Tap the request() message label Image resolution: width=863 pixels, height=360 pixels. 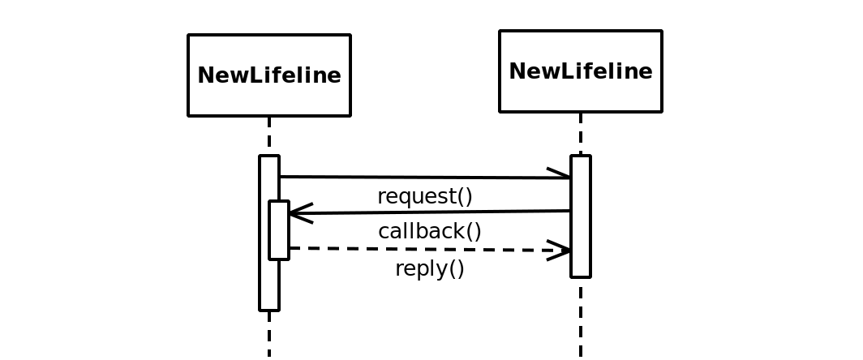[x=424, y=197]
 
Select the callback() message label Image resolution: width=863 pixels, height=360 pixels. [x=430, y=232]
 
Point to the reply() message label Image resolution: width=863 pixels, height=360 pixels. [x=429, y=269]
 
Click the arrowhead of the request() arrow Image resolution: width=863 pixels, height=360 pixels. [x=561, y=175]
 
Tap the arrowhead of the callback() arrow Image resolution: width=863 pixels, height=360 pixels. [x=298, y=213]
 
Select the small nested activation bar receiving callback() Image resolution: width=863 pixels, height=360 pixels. [x=279, y=230]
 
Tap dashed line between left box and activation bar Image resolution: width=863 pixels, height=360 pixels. [x=268, y=135]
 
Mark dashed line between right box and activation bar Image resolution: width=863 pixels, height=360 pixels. [x=580, y=134]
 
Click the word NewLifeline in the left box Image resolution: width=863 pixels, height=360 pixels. [x=268, y=75]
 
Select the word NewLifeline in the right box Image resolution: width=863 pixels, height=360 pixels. [x=580, y=71]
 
